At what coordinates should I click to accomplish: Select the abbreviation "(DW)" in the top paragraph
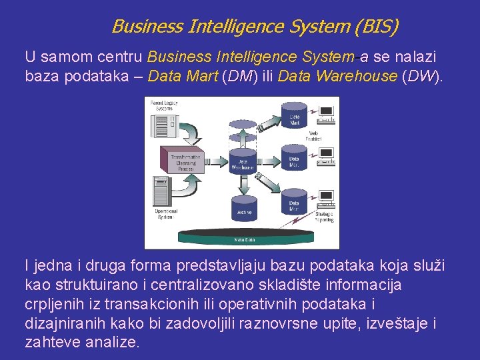click(423, 76)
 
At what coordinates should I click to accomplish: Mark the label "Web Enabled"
click(313, 136)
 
